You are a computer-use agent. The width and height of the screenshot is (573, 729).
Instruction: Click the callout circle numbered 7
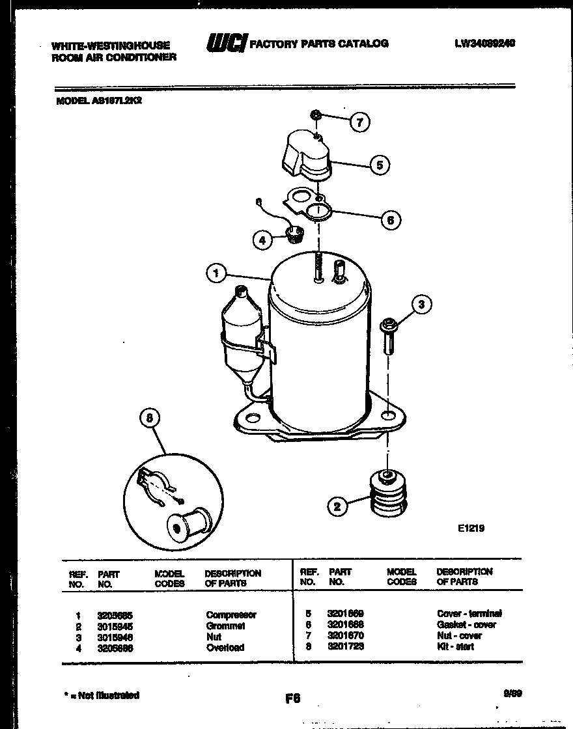click(x=359, y=122)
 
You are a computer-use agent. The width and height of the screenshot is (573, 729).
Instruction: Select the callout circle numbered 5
click(x=380, y=165)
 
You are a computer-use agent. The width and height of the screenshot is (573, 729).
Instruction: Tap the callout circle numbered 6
click(x=390, y=220)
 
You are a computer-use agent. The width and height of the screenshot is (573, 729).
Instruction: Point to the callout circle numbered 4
click(x=262, y=240)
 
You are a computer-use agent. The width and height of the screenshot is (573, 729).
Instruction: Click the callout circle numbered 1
click(x=216, y=273)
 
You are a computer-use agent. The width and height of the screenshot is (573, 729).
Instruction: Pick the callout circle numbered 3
click(x=421, y=304)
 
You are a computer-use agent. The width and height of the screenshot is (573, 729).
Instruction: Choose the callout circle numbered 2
click(x=337, y=506)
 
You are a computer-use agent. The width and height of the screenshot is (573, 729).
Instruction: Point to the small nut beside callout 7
click(x=314, y=115)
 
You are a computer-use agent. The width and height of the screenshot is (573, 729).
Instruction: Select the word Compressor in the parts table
click(x=231, y=614)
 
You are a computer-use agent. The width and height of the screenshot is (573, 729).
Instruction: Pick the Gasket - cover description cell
click(x=466, y=624)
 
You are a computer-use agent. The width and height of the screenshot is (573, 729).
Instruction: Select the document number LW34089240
click(x=485, y=44)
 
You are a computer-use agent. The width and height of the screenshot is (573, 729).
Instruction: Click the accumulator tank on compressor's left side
click(x=240, y=332)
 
